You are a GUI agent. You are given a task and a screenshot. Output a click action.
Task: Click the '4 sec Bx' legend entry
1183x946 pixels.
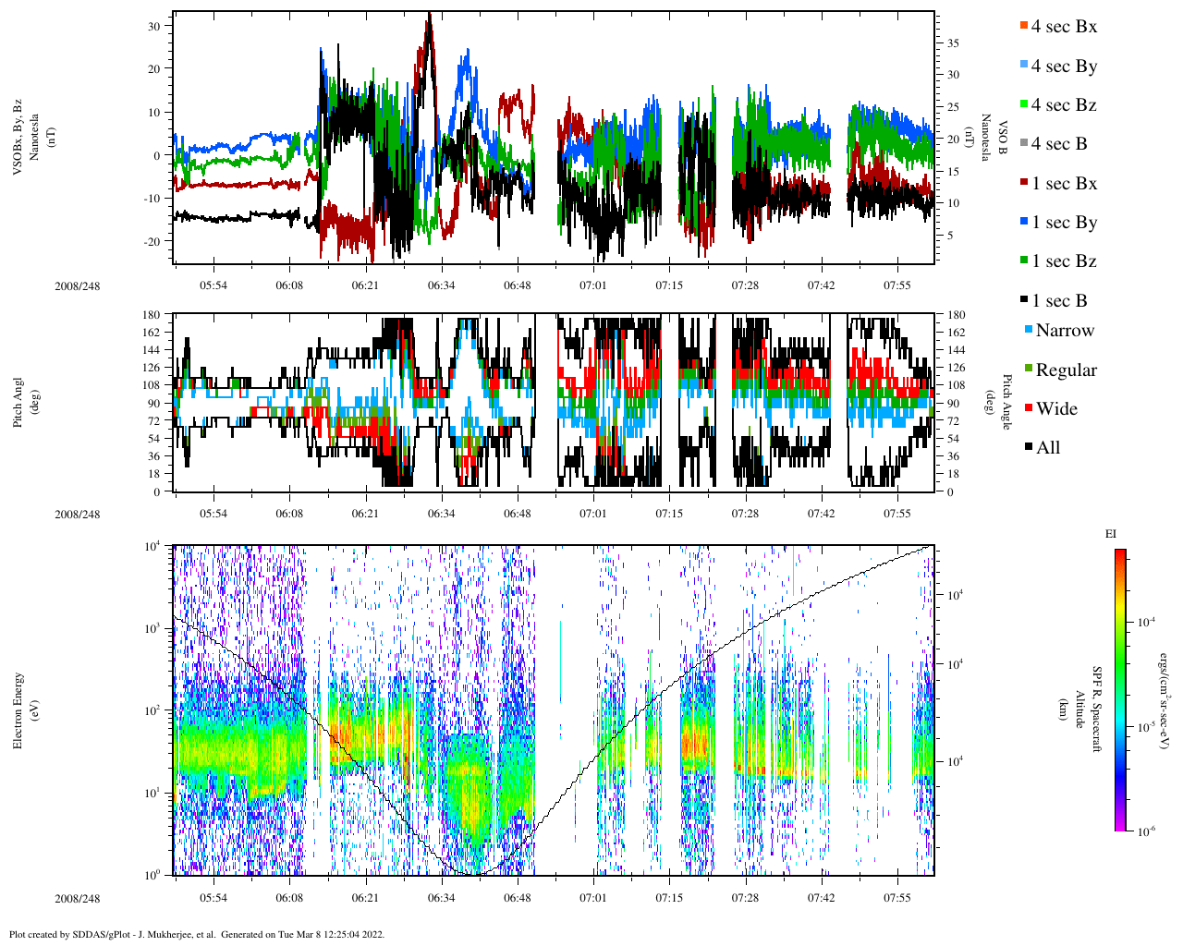click(x=1063, y=27)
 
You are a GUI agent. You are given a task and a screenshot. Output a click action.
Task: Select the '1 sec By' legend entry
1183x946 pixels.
click(x=1063, y=223)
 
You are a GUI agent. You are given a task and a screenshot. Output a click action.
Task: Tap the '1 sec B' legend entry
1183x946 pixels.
click(x=1059, y=301)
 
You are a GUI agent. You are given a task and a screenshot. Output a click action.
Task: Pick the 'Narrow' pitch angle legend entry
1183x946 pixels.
click(x=1064, y=331)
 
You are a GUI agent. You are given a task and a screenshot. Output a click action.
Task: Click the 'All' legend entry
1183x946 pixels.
click(x=1047, y=448)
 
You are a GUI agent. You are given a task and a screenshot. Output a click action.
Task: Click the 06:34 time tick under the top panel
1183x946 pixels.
click(x=441, y=285)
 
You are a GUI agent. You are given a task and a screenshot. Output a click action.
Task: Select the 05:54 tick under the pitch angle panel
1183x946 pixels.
click(x=213, y=514)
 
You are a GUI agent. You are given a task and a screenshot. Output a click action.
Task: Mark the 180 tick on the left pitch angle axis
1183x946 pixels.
click(x=152, y=315)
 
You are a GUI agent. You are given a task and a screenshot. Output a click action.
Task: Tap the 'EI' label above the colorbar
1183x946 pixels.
click(x=1111, y=534)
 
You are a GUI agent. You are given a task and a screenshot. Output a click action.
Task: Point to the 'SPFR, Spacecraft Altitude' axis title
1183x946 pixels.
click(x=1088, y=709)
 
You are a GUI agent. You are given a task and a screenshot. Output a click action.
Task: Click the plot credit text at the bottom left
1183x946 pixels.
click(x=197, y=934)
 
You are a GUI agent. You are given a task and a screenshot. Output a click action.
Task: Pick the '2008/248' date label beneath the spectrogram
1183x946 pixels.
click(x=78, y=899)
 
